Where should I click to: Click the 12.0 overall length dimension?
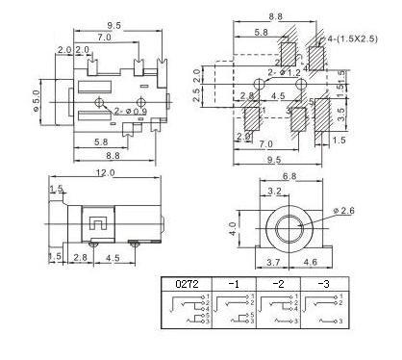point(105,173)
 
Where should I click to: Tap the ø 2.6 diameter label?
point(347,211)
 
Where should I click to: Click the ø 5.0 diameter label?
point(38,98)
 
